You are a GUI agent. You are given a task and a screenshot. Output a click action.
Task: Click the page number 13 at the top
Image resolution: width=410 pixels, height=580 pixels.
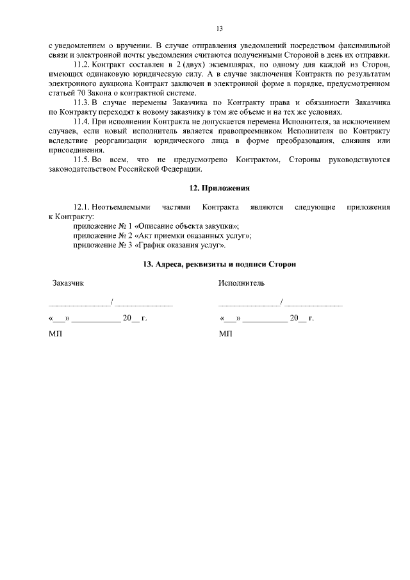coord(219,29)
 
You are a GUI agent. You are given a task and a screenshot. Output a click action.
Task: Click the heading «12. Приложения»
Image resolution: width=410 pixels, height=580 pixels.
coord(219,188)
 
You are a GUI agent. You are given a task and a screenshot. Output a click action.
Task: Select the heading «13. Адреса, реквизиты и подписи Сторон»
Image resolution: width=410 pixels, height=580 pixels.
coord(219,265)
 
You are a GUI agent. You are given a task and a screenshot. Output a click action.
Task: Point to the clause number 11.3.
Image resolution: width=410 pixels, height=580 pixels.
coord(82,103)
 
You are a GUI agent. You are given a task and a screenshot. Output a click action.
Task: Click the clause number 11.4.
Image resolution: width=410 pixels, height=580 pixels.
coord(82,122)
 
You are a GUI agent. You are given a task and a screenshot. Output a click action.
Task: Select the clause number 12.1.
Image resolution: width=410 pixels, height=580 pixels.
coord(82,207)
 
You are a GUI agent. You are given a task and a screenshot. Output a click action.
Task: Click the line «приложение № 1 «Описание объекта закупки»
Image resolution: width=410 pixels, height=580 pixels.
coord(157,226)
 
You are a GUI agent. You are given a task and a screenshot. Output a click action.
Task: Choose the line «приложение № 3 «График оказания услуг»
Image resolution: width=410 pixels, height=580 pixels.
coord(150,245)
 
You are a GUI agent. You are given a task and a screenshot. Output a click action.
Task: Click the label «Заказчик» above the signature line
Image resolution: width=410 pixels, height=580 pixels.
coord(67,283)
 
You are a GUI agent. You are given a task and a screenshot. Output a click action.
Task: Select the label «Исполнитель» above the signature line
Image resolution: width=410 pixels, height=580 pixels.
coord(241,283)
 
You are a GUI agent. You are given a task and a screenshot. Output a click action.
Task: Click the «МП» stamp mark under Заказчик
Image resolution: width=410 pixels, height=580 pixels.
coord(56,334)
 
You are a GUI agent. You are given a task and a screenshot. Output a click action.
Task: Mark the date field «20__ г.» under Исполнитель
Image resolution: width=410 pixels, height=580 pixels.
coord(301,318)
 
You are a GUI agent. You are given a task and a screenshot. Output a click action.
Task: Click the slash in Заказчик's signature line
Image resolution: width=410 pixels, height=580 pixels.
coord(112,301)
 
